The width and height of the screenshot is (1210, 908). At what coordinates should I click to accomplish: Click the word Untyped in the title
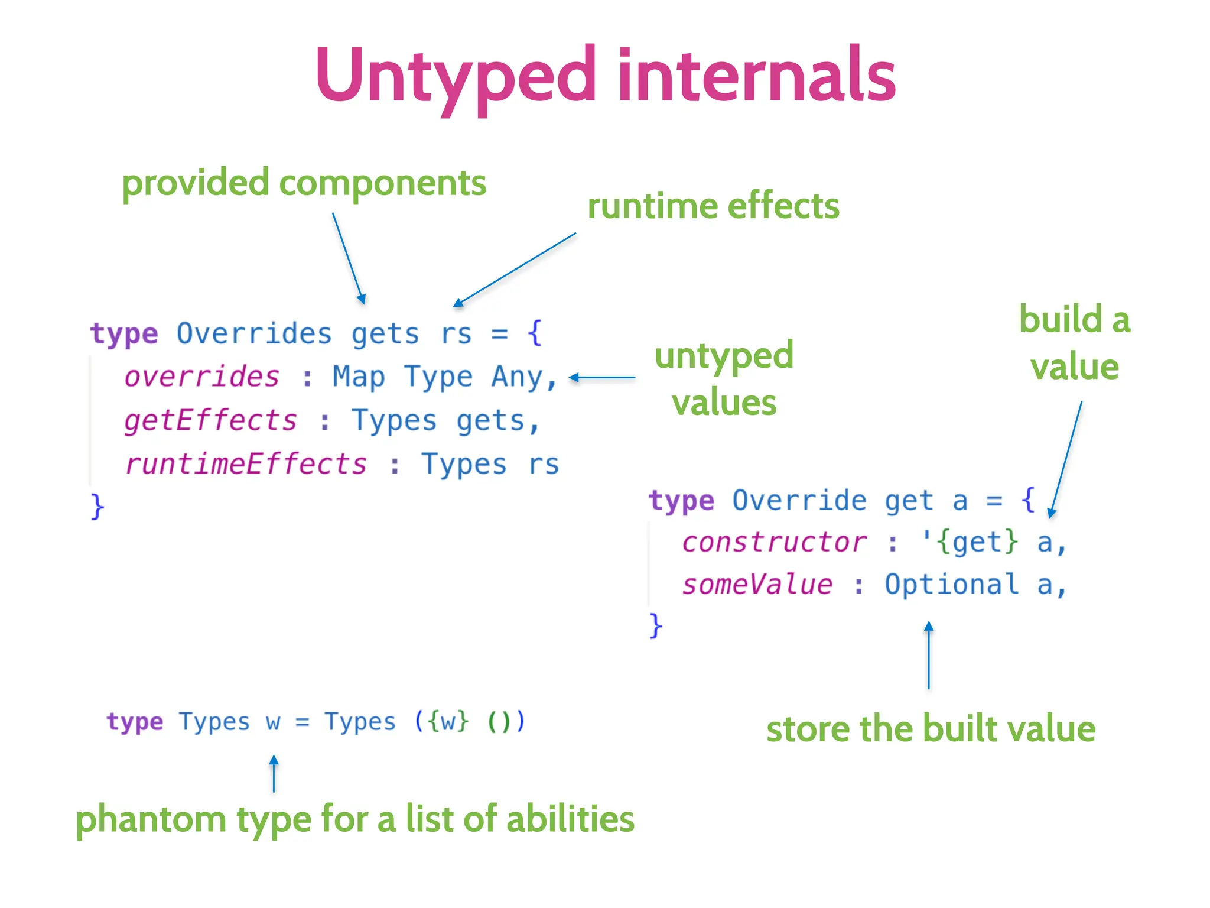[x=455, y=77]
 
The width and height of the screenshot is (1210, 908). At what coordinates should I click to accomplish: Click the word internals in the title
[x=756, y=77]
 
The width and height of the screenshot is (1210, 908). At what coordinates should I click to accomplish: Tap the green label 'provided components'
[x=304, y=183]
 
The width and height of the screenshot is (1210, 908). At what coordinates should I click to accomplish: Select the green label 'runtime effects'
[x=713, y=206]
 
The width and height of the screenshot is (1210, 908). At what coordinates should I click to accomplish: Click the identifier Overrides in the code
[x=254, y=334]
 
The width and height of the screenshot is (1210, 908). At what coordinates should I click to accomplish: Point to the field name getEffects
[x=210, y=421]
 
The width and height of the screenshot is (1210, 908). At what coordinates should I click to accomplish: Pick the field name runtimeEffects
[x=246, y=464]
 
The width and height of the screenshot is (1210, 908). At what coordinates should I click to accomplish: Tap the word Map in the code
[x=358, y=377]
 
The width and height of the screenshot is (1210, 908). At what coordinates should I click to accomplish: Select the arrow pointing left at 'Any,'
[x=601, y=377]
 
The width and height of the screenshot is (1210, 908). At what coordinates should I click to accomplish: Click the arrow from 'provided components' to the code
[x=349, y=259]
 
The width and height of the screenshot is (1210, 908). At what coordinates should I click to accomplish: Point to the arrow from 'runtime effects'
[x=514, y=270]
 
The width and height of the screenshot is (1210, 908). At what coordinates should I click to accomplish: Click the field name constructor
[x=774, y=542]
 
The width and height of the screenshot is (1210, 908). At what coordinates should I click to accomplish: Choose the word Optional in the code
[x=951, y=585]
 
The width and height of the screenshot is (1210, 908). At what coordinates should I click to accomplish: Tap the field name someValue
[x=757, y=585]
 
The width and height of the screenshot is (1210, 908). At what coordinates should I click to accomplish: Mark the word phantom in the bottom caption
[x=151, y=819]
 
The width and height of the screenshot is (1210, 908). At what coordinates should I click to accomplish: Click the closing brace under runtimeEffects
[x=97, y=507]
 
